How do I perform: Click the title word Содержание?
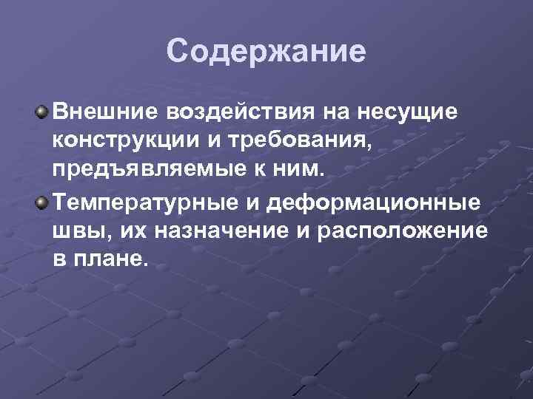pyautogui.click(x=266, y=52)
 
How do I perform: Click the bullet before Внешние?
pyautogui.click(x=43, y=112)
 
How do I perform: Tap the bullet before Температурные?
pyautogui.click(x=43, y=202)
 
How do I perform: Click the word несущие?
pyautogui.click(x=399, y=112)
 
